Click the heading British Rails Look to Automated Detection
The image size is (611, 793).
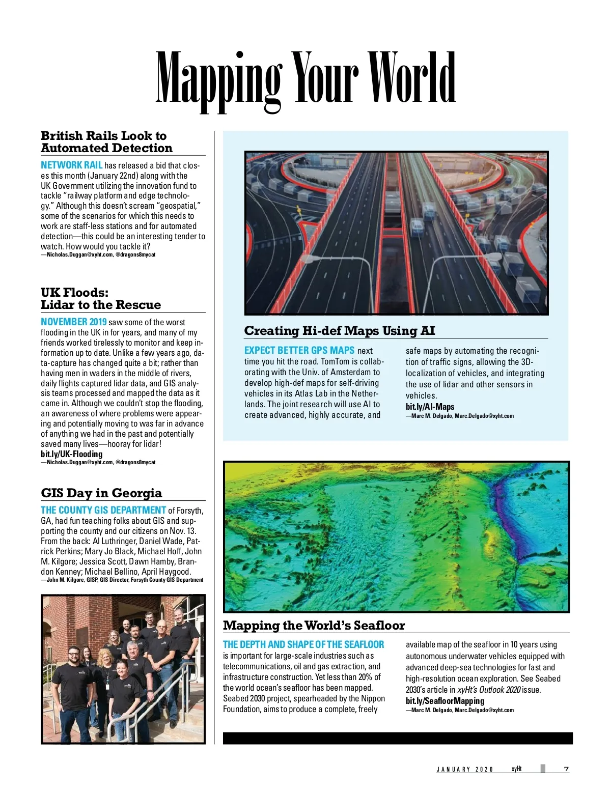[107, 142]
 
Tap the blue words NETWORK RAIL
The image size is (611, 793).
[71, 165]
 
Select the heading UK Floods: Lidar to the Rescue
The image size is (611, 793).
[101, 299]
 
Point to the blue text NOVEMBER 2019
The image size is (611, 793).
[74, 322]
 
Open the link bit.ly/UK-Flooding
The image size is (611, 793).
[71, 454]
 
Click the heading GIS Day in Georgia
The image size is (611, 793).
[101, 493]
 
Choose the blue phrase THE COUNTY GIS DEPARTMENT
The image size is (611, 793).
[103, 511]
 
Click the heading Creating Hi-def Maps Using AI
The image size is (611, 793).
[340, 331]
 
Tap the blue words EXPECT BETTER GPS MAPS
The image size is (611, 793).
[299, 351]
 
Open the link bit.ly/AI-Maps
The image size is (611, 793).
[430, 407]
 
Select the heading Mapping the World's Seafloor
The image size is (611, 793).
[314, 626]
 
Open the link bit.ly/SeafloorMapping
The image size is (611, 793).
[445, 701]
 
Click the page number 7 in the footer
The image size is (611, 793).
[566, 769]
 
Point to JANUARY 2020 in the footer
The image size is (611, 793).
[464, 770]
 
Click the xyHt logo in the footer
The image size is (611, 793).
[516, 769]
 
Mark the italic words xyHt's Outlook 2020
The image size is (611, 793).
[489, 690]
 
